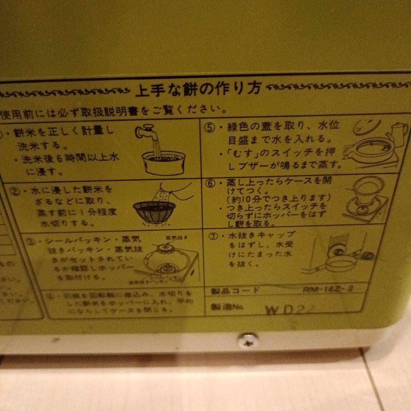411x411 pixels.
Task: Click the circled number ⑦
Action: point(214,236)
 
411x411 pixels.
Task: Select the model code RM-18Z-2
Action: point(328,288)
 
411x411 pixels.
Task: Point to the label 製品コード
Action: point(235,292)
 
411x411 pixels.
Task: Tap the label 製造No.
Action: point(227,307)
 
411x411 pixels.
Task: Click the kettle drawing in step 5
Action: point(396,133)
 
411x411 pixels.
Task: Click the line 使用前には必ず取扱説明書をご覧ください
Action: point(114,111)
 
